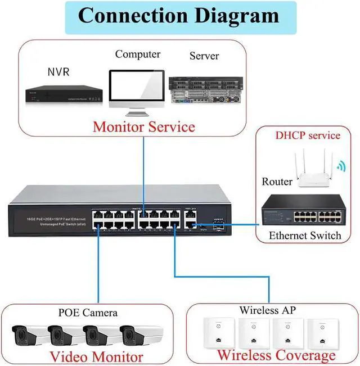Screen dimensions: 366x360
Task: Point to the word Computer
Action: [138, 55]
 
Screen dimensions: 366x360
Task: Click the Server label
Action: [204, 56]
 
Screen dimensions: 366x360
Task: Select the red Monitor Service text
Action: [144, 126]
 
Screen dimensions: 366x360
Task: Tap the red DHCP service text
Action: [308, 135]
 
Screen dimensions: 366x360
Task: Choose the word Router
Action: [277, 182]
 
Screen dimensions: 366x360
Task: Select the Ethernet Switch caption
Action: [305, 235]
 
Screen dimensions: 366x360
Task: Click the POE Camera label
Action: [88, 313]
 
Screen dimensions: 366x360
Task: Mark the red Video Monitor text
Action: [96, 356]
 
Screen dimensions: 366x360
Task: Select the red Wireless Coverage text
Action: [276, 355]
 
